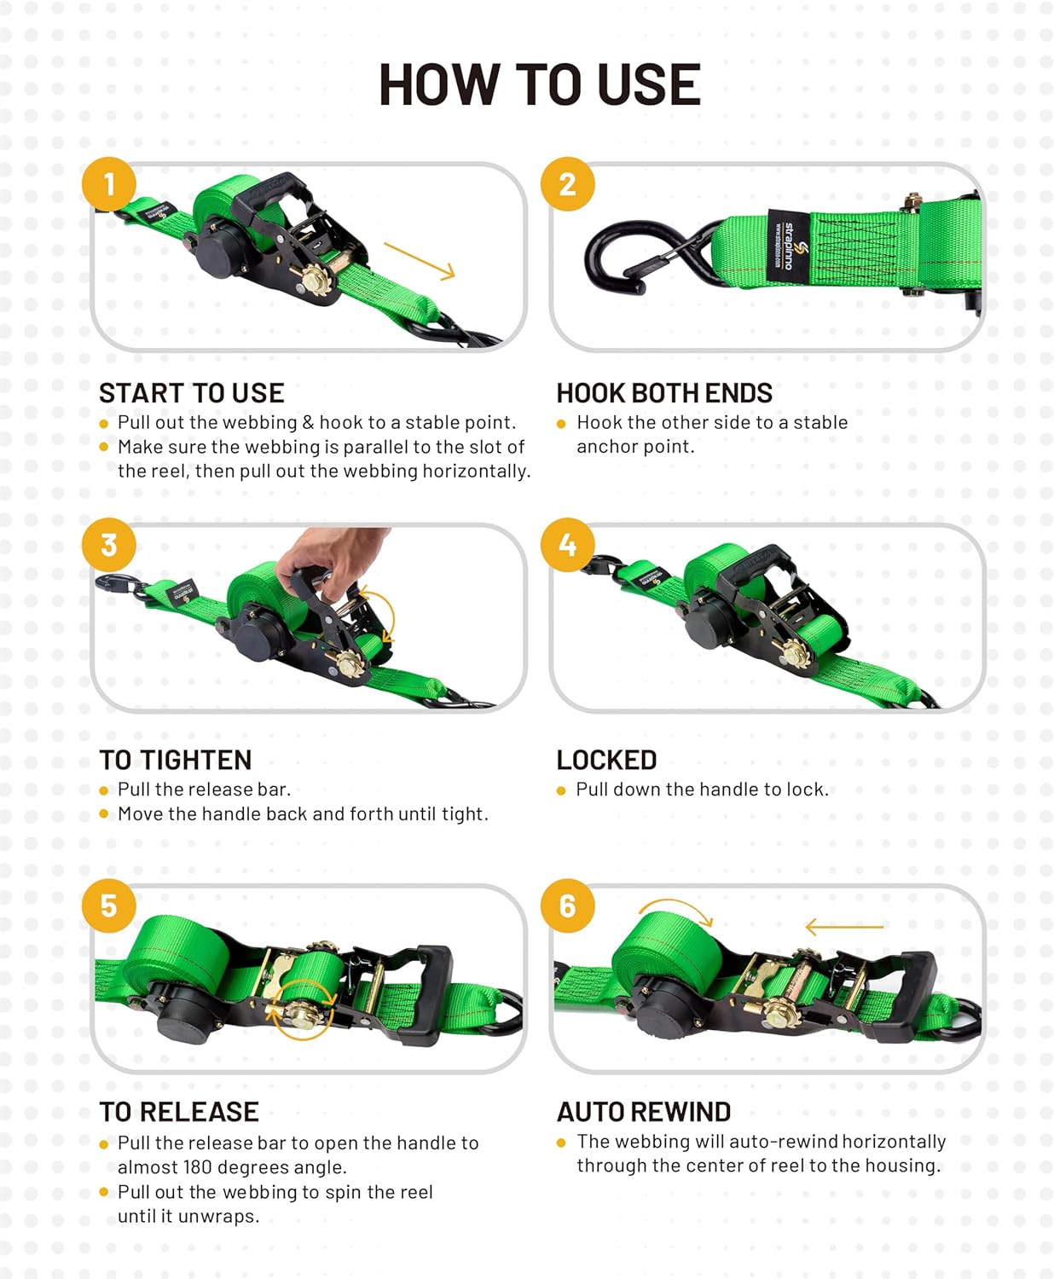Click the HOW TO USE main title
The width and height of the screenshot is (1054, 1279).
(539, 84)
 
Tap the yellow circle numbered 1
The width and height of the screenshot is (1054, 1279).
(109, 184)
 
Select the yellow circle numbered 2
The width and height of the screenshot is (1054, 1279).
(568, 184)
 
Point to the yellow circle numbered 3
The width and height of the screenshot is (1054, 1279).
(109, 545)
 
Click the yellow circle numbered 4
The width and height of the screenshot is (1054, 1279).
(568, 545)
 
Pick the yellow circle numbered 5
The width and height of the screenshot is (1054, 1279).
(109, 906)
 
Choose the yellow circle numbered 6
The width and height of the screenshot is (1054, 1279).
(568, 906)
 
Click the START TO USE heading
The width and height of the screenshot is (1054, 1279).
(192, 393)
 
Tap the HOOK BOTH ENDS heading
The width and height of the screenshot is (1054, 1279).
(664, 393)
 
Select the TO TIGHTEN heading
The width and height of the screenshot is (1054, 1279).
(176, 760)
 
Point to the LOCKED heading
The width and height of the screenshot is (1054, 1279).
(606, 760)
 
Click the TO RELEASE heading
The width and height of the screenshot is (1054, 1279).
(179, 1112)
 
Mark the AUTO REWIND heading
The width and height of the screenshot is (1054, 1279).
(644, 1112)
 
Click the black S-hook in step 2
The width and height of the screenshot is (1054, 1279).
(631, 256)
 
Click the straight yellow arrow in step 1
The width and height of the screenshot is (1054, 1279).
(420, 260)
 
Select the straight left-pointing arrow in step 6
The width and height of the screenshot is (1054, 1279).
(844, 926)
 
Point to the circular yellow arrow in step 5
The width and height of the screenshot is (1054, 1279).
(303, 1010)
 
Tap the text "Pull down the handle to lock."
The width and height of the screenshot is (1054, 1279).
(702, 790)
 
